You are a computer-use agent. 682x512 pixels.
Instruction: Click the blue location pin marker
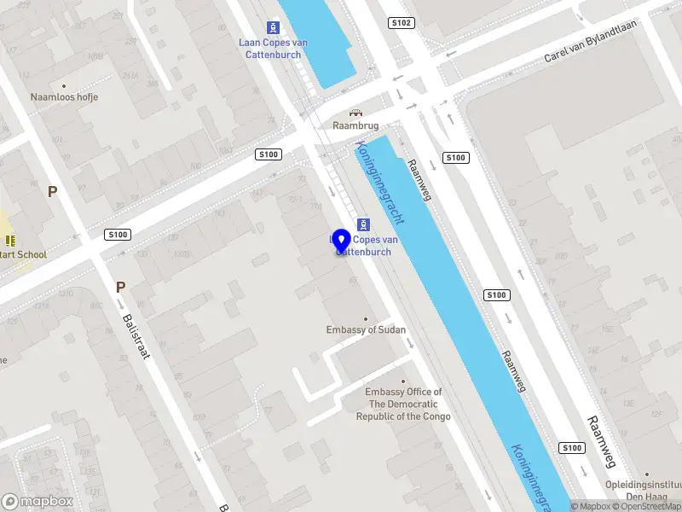[342, 241]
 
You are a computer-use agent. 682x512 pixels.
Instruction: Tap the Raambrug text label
[355, 125]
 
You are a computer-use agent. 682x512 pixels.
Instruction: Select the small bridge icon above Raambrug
[355, 112]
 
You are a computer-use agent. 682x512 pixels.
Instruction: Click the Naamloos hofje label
[64, 97]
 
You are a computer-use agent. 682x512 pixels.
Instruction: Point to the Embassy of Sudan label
[366, 330]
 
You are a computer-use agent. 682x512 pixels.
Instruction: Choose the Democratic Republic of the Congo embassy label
[403, 404]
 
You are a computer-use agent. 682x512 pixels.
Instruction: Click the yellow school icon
[10, 241]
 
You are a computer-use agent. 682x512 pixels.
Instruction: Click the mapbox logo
[38, 502]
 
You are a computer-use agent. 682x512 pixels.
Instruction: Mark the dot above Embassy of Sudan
[366, 319]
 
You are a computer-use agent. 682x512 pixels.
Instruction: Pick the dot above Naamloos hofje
[64, 85]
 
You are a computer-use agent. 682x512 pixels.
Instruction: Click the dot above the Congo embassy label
[403, 381]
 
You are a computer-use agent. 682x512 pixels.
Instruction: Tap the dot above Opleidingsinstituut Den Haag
[646, 474]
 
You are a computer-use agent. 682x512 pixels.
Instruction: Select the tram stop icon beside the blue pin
[364, 224]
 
